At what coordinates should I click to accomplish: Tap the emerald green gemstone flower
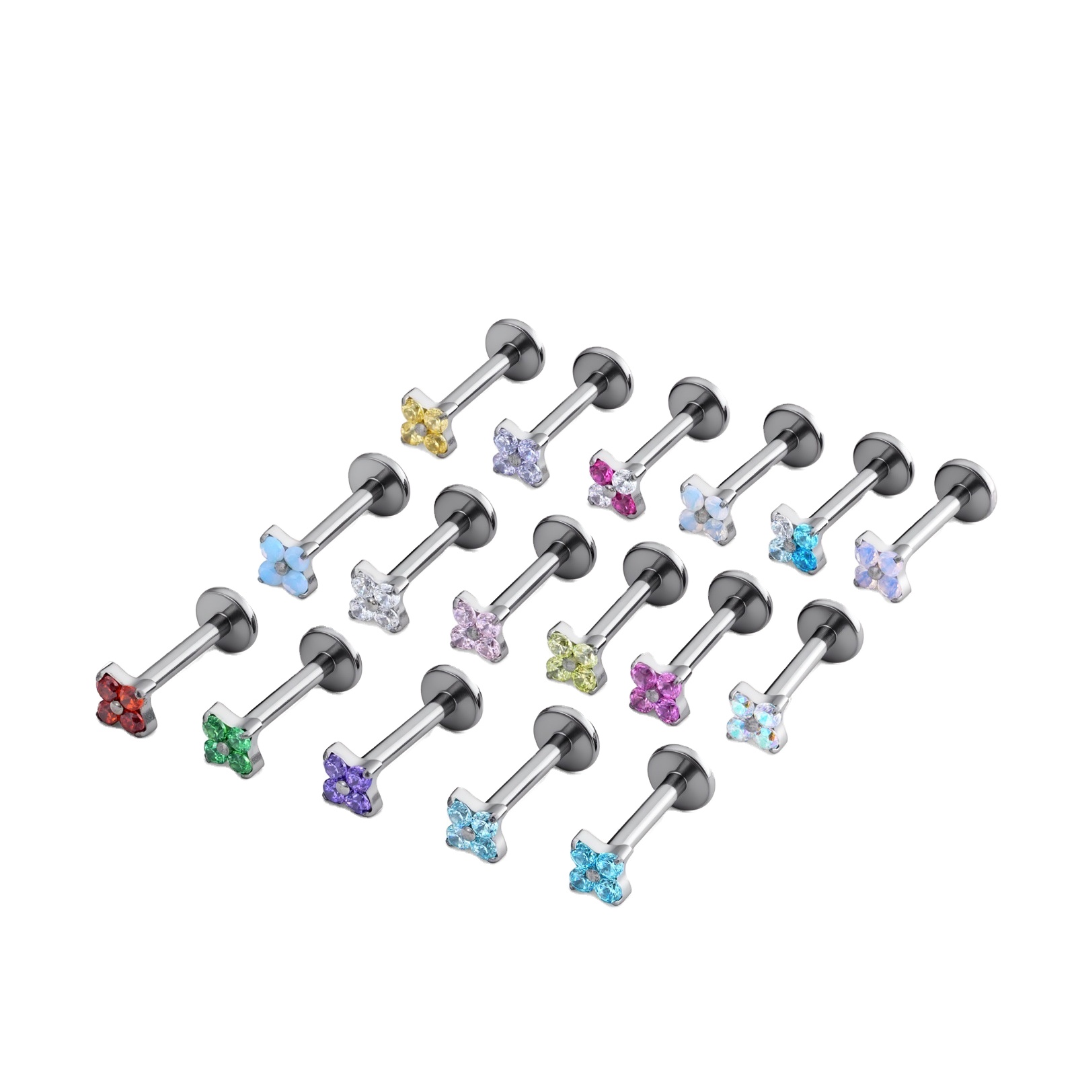click(230, 739)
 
